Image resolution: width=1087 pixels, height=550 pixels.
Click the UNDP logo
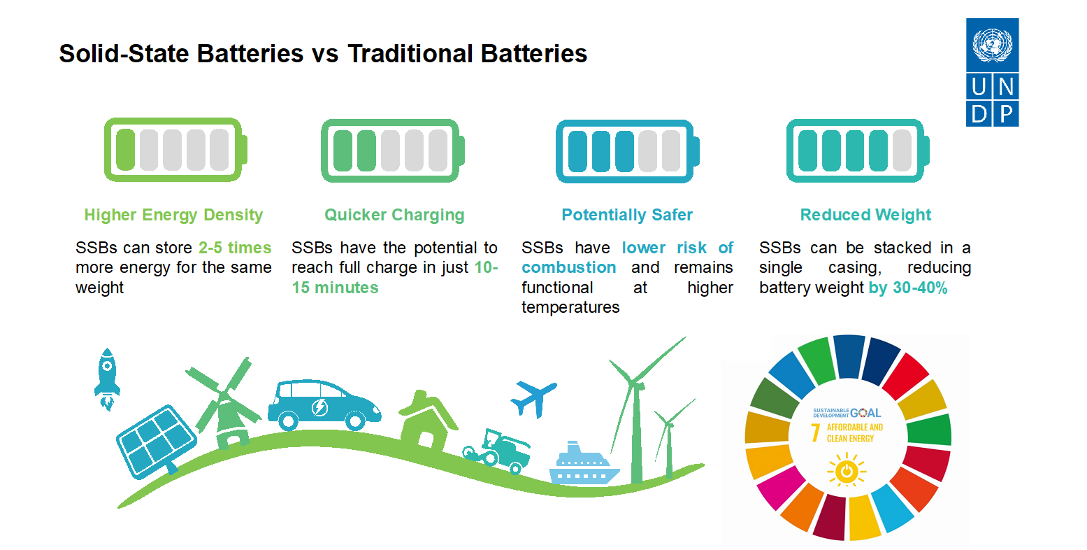[992, 72]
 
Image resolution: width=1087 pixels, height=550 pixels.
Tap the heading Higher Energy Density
[173, 215]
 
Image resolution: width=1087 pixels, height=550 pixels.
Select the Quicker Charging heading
[394, 215]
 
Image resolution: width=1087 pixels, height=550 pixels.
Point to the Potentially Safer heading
[627, 215]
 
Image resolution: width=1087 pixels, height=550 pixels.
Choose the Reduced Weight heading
[865, 215]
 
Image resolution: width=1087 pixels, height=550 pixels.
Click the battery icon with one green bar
[175, 150]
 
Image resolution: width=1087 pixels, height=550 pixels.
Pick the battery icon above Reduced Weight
[858, 150]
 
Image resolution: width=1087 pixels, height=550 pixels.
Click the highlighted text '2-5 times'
[235, 248]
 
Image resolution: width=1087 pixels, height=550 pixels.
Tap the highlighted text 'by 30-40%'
[908, 288]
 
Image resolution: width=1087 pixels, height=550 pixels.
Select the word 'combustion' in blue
[569, 268]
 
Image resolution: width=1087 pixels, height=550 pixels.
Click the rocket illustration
[107, 379]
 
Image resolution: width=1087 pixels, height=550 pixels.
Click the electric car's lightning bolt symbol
[319, 407]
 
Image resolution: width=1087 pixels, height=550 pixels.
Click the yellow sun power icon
[847, 470]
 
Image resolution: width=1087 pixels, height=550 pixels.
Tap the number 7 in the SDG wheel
[816, 432]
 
